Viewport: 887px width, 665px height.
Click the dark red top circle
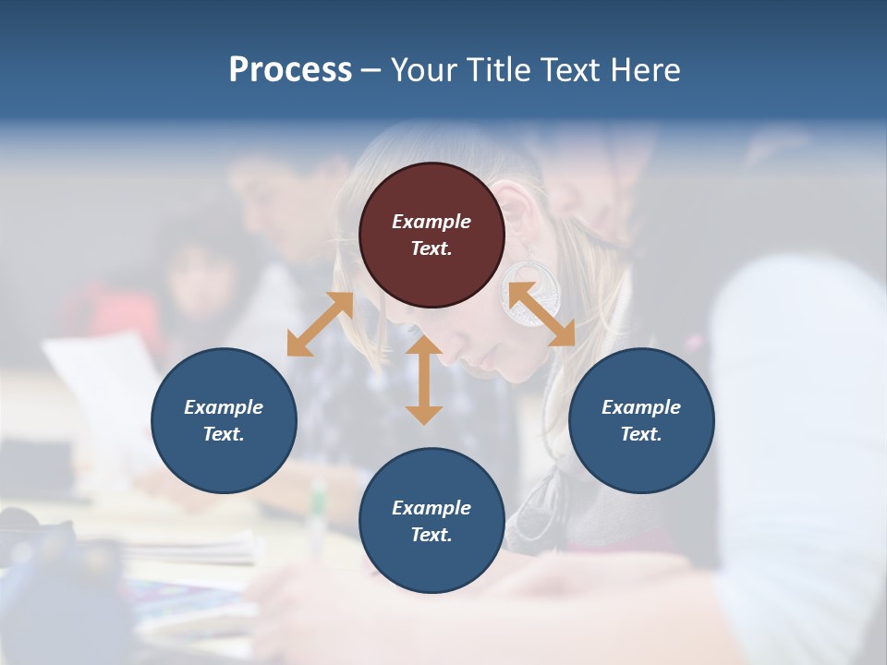tap(431, 235)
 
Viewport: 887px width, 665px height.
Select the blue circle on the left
tap(224, 420)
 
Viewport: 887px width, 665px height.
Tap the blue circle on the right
tap(641, 420)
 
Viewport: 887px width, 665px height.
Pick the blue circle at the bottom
tap(431, 521)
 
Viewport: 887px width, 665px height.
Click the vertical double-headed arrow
tap(424, 380)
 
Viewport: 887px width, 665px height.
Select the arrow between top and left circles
tap(320, 324)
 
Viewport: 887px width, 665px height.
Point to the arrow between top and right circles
tap(541, 314)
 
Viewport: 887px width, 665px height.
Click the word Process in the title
tap(290, 70)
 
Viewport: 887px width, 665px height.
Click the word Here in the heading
tap(644, 70)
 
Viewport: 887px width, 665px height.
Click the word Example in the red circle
tap(431, 222)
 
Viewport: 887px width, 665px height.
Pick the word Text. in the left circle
tap(224, 434)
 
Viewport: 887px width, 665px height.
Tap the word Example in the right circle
tap(641, 407)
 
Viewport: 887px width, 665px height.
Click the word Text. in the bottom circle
tap(431, 535)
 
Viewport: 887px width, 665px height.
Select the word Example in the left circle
tap(224, 407)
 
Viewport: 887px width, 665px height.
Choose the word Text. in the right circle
tap(641, 434)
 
